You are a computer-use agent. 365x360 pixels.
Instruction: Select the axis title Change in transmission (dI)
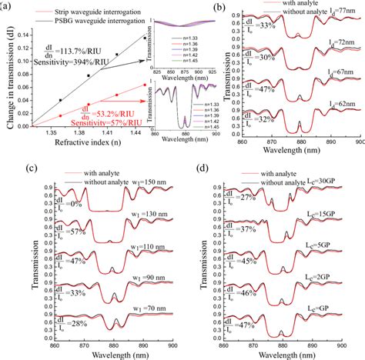[x=6, y=77]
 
